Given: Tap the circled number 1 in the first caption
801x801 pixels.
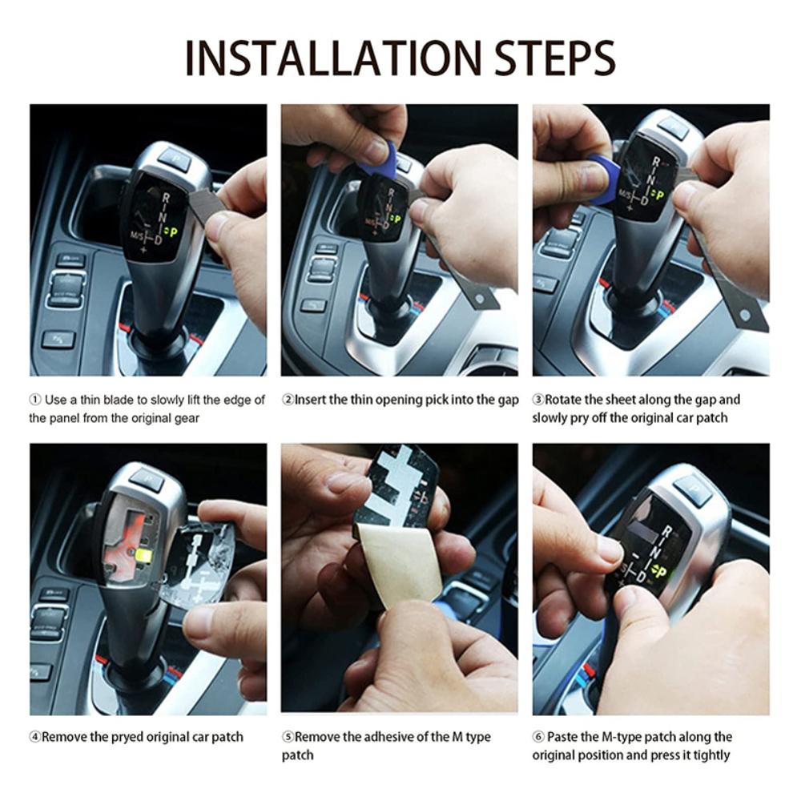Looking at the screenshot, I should pos(34,400).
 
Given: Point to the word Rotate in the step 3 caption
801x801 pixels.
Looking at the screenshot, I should pos(565,400).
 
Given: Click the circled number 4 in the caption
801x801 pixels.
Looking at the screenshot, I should pos(34,737).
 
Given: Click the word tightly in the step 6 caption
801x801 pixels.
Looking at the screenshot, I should pos(706,755).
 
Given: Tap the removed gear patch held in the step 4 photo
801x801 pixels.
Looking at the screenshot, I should pos(196,565).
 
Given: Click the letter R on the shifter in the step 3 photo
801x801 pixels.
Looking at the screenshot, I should pos(656,163).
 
